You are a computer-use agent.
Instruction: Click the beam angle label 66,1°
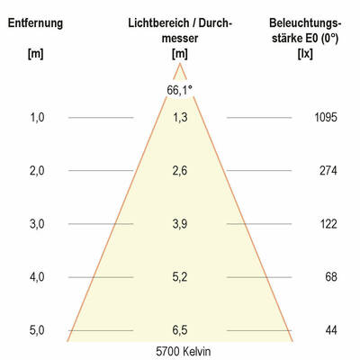[179, 89]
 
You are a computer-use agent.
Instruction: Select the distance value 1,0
[36, 117]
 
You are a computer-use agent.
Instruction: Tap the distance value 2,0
[36, 170]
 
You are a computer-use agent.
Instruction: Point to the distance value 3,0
[36, 223]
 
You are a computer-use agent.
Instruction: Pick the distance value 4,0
[36, 277]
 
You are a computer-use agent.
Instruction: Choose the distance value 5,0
[36, 330]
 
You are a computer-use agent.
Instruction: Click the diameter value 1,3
[180, 117]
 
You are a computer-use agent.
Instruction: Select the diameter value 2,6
[180, 170]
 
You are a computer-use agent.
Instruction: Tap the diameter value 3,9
[180, 223]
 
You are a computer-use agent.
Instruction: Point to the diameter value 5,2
[180, 277]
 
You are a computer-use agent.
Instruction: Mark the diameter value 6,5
[180, 330]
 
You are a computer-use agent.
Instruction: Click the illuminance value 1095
[326, 117]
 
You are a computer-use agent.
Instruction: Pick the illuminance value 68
[332, 277]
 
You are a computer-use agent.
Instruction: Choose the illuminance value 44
[332, 330]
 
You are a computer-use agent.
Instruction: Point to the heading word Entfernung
[36, 22]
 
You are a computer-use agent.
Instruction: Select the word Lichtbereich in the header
[158, 22]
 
